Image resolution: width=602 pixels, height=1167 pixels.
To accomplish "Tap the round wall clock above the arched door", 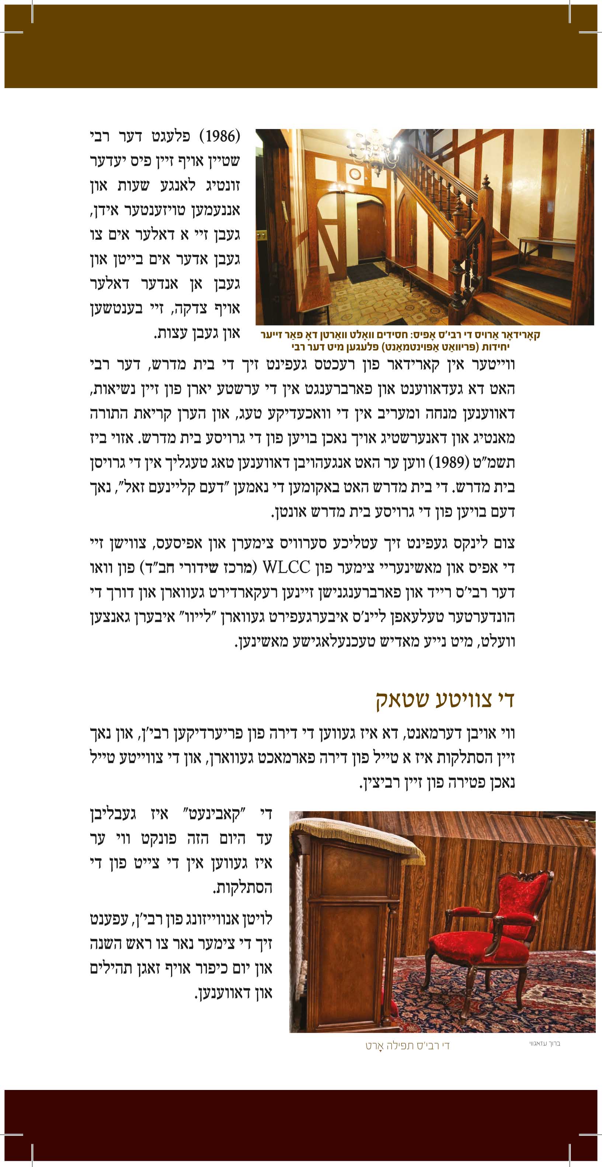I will click(355, 174).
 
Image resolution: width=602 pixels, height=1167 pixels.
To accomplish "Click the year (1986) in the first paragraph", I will click(220, 136).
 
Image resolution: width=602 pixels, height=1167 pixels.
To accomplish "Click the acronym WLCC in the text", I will click(286, 567).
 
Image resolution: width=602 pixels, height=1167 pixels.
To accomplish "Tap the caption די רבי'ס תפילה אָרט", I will click(407, 1046).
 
